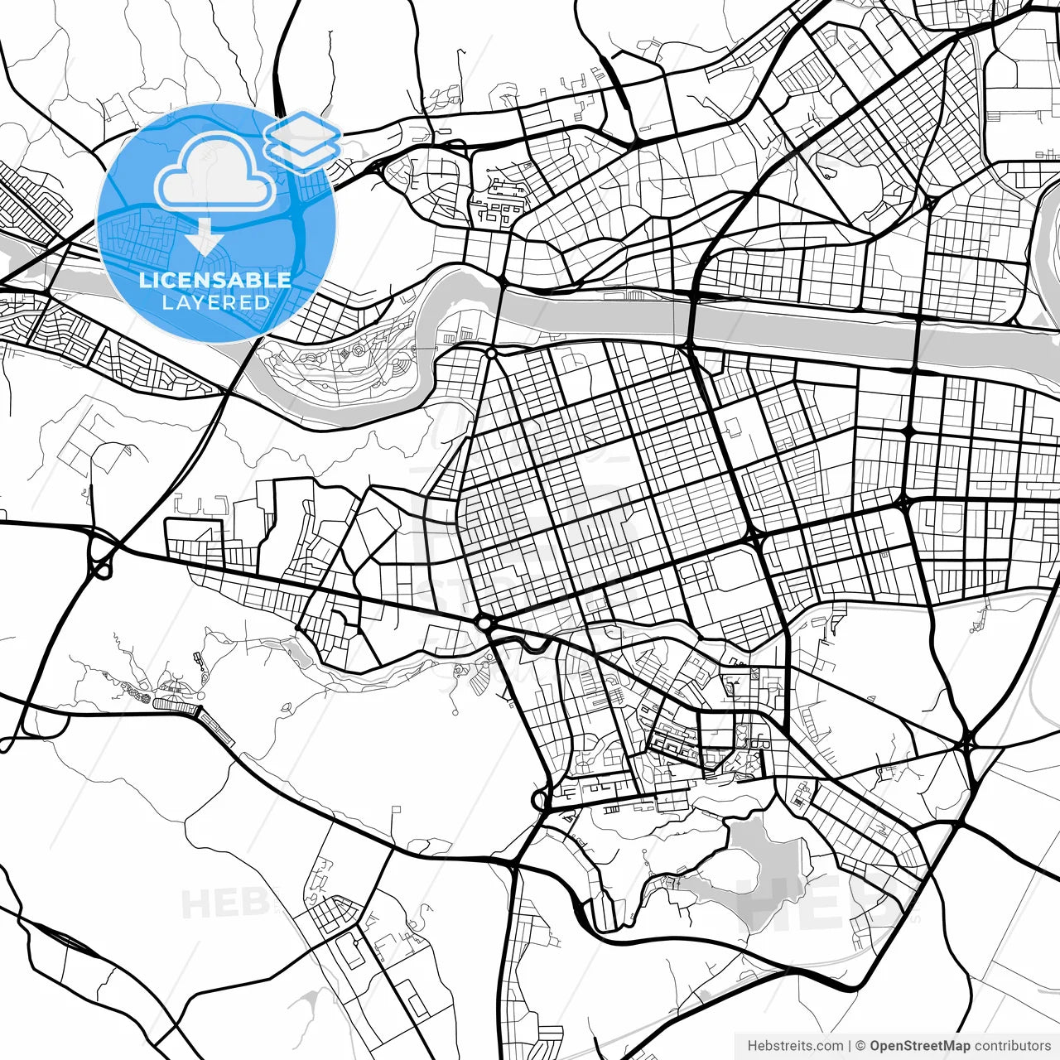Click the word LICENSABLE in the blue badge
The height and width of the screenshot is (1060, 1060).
215,280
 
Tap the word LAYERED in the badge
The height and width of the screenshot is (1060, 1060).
215,302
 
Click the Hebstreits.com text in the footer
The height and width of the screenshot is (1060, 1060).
795,1046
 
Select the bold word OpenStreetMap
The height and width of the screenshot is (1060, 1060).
920,1046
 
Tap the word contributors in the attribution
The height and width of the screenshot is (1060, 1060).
1012,1046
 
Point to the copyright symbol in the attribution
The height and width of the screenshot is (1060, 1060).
861,1046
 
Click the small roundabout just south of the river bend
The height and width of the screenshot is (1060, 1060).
491,354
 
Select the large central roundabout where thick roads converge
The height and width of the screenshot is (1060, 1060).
484,621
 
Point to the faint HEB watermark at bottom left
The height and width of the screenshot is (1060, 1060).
224,903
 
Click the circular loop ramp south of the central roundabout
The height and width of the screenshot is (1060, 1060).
541,800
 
